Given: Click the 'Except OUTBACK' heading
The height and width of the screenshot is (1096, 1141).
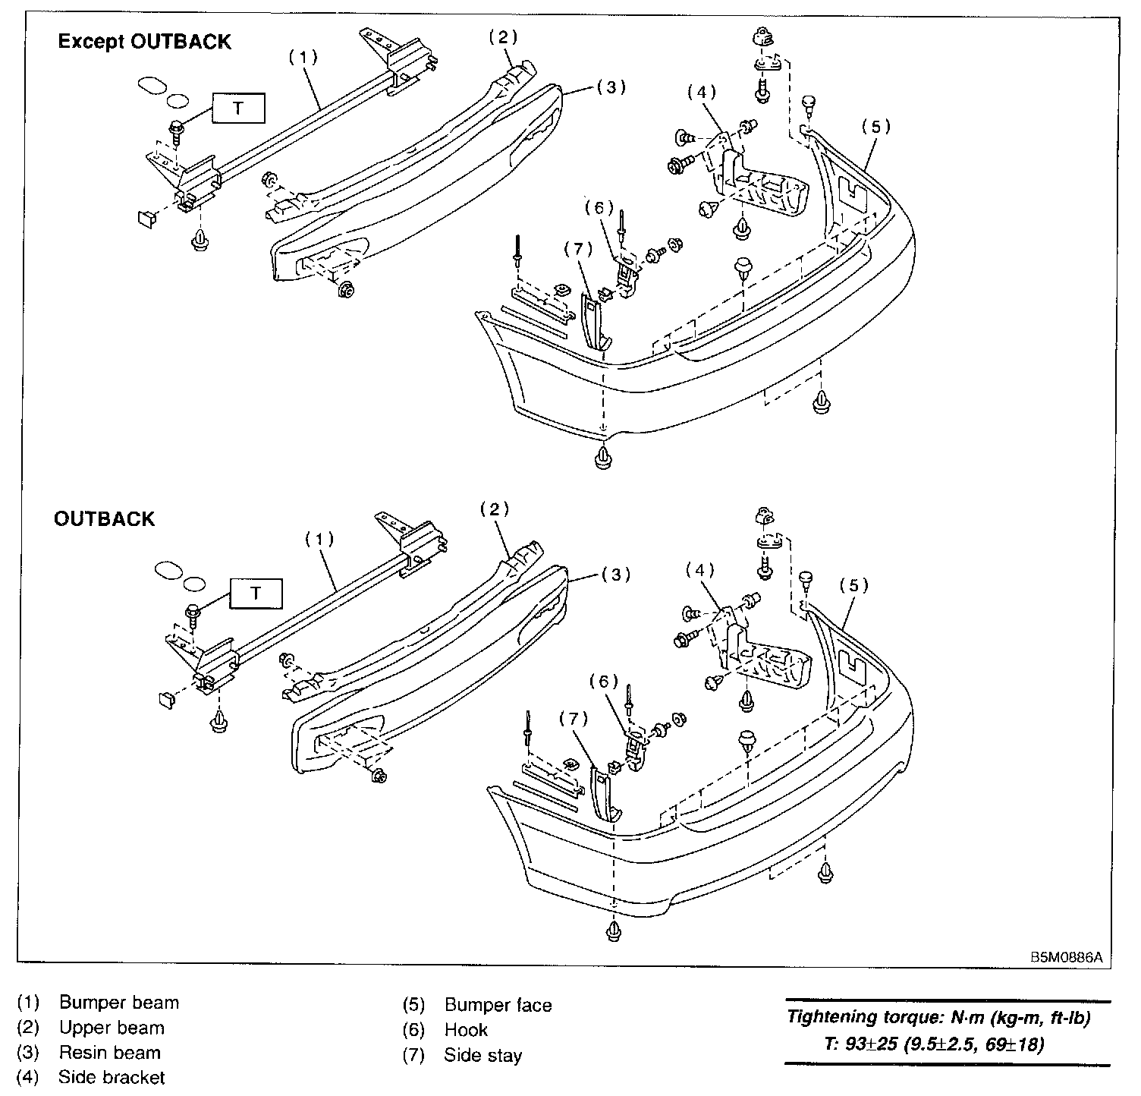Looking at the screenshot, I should (144, 42).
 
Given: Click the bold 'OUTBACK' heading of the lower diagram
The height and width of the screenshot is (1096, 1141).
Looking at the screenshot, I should (104, 519).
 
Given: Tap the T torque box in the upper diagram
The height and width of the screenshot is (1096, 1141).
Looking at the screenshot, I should (238, 109).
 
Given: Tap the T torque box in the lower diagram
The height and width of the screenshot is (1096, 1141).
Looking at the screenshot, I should (256, 594).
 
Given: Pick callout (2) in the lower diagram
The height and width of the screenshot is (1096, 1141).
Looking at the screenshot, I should (494, 509).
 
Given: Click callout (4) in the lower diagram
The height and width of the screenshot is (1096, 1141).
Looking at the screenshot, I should (699, 568).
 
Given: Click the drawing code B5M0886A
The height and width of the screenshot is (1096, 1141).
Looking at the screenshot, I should (1065, 958).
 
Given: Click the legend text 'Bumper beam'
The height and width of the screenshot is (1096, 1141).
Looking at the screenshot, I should (119, 1003).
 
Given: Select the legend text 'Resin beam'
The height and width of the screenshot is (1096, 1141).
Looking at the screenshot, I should (110, 1053).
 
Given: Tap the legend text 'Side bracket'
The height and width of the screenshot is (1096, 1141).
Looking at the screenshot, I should (111, 1077).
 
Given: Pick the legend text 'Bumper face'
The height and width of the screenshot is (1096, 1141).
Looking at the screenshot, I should (498, 1006).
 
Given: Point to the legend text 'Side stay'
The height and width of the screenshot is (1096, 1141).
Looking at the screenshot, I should (483, 1055).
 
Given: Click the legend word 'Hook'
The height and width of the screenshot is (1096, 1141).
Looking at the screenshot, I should (466, 1030).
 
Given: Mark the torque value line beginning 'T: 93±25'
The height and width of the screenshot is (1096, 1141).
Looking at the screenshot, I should (933, 1044).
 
